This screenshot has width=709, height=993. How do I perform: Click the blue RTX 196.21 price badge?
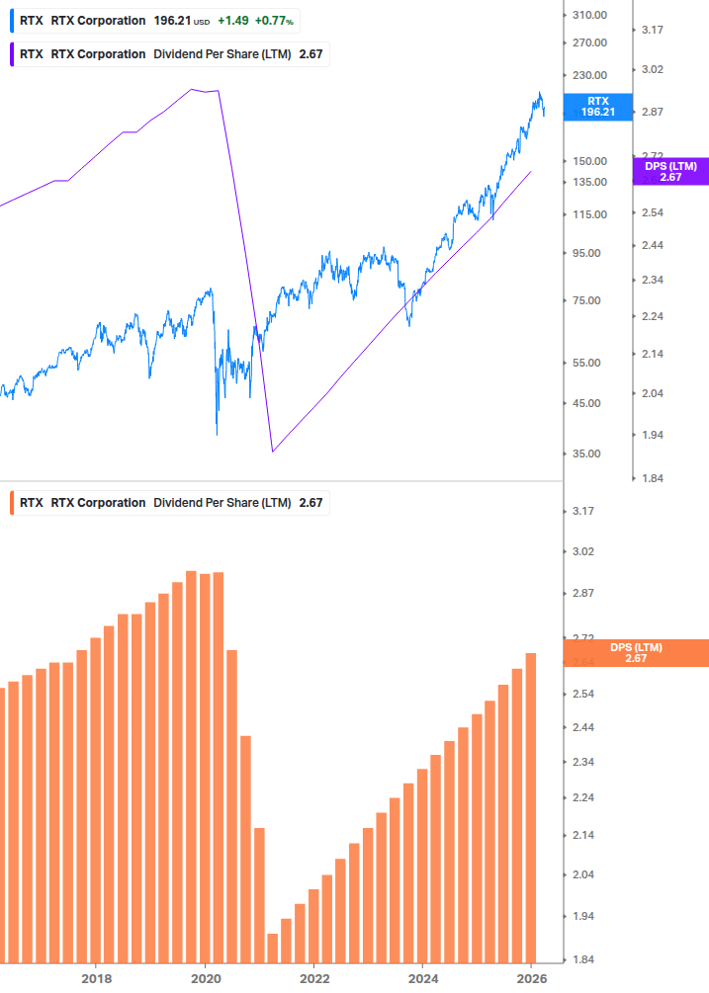tap(598, 107)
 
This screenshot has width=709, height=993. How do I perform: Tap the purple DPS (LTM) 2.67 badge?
tap(669, 172)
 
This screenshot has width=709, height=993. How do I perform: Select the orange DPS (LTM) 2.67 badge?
tap(635, 653)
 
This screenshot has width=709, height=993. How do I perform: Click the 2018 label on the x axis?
tap(96, 978)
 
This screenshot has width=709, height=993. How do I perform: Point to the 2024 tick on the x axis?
tap(422, 978)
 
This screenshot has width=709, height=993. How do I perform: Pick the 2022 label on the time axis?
tap(313, 978)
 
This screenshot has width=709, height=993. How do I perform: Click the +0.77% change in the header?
tap(274, 21)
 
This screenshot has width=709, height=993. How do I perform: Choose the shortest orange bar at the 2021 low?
tap(273, 948)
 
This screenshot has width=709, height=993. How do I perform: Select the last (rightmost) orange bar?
tap(531, 807)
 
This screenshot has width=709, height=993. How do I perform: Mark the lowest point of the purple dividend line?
tap(273, 452)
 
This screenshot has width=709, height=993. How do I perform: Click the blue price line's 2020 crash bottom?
tap(217, 433)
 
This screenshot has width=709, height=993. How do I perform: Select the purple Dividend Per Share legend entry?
tap(168, 54)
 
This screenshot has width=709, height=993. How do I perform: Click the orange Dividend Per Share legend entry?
tap(168, 503)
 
